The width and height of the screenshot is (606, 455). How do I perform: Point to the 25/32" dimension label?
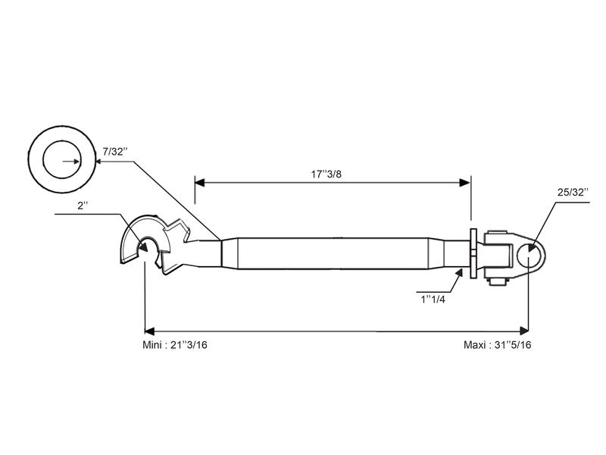pos(573,193)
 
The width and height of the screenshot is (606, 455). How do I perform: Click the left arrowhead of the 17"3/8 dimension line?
pos(199,181)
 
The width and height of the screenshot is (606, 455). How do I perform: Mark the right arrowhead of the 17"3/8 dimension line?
pos(467,181)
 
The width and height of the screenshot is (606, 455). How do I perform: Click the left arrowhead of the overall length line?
pos(148,331)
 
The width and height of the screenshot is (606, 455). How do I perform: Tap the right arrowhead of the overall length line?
pos(524,331)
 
